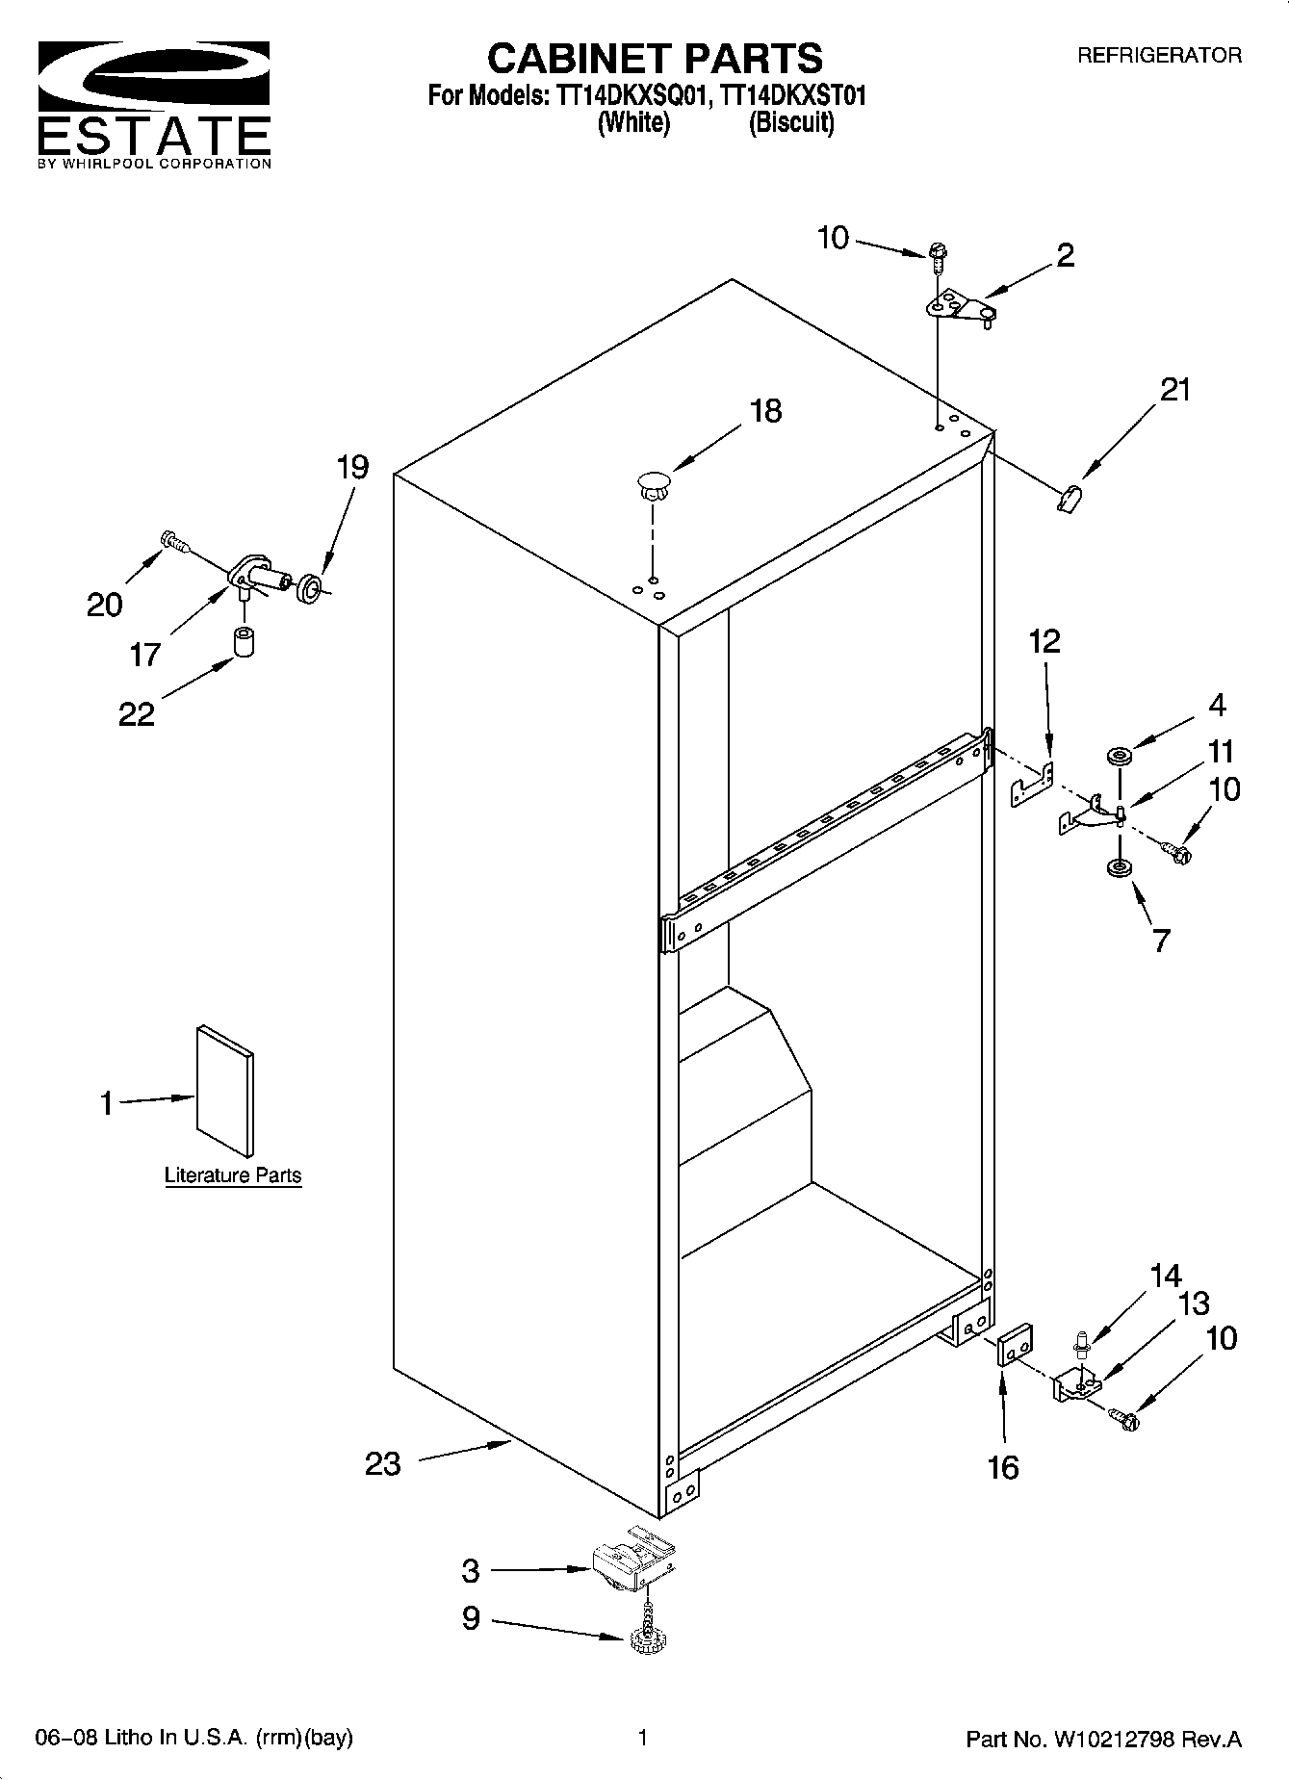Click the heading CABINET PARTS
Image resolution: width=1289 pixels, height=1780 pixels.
(655, 59)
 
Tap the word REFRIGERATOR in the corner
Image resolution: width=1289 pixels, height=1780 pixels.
(1158, 56)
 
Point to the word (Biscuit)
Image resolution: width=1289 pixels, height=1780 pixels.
(791, 123)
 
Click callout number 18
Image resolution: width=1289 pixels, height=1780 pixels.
(765, 411)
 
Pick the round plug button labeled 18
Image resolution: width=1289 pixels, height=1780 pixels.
(653, 481)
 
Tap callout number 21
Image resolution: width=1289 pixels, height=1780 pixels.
(1174, 390)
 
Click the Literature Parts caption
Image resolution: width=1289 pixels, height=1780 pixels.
(233, 1175)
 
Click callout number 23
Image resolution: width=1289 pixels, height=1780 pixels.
(382, 1464)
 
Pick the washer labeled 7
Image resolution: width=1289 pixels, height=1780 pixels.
(1119, 869)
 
